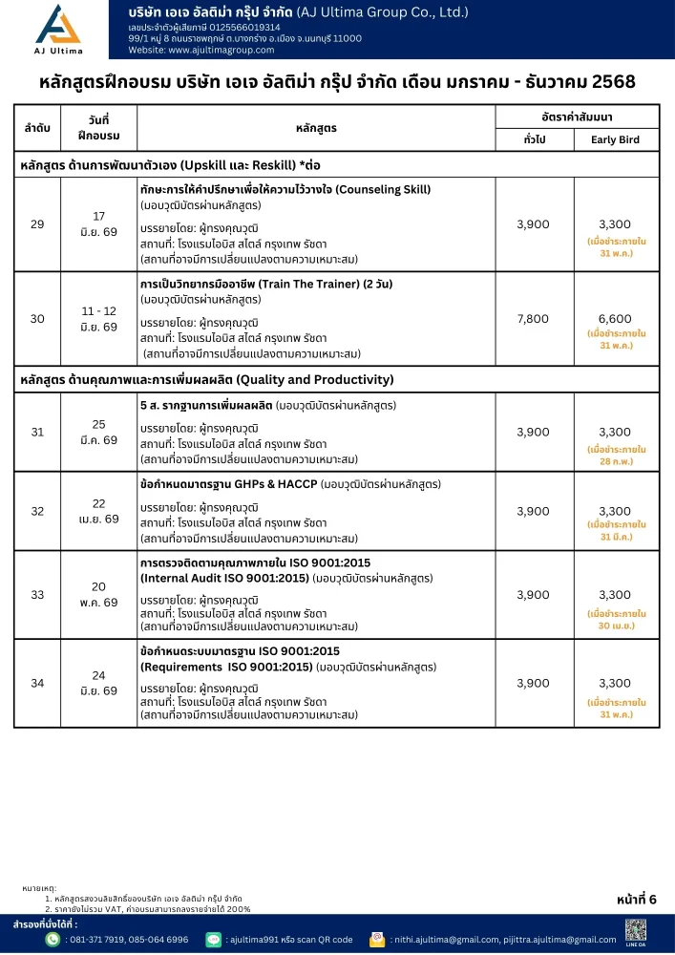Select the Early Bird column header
tap(616, 140)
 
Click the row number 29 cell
tap(37, 224)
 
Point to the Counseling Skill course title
tap(285, 189)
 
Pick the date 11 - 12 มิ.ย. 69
tap(98, 319)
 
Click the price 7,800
tap(533, 319)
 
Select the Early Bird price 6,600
tap(616, 319)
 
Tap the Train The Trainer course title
tap(267, 285)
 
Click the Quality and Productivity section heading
tap(207, 380)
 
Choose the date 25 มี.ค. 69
tap(98, 432)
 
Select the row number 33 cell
tap(37, 594)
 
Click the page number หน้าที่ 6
tap(637, 899)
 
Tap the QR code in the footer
tap(636, 931)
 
